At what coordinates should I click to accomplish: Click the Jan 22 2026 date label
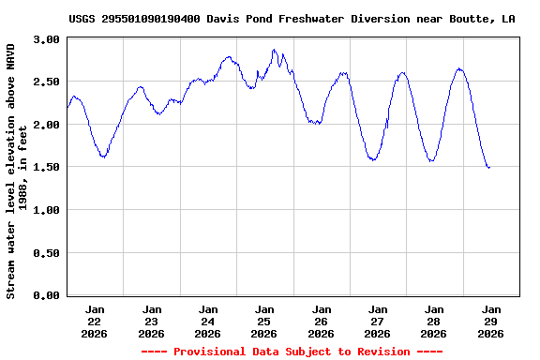click(x=96, y=321)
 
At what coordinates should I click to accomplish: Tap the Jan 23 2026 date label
click(x=152, y=321)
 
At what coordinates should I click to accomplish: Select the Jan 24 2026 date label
click(x=208, y=321)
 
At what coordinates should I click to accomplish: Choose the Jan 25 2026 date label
click(x=264, y=321)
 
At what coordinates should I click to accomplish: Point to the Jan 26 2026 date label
click(x=321, y=321)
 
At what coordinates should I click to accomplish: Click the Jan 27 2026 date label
click(x=377, y=321)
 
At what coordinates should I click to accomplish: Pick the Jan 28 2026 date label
click(x=433, y=321)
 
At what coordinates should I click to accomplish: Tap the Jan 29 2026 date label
click(x=489, y=321)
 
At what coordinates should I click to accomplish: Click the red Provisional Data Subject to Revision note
click(x=292, y=352)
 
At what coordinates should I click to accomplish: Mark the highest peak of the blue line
click(x=274, y=50)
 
